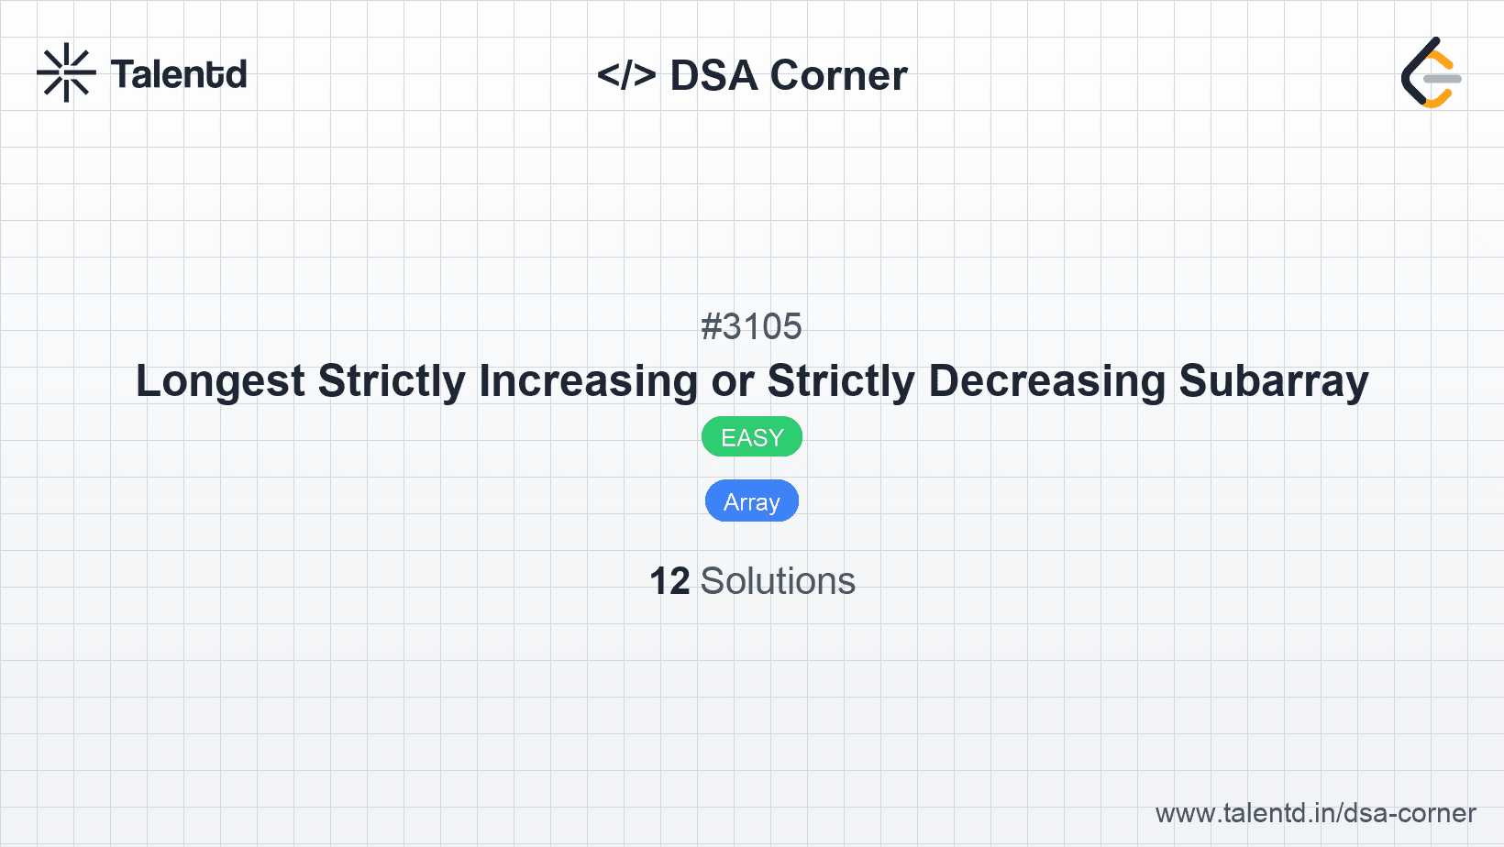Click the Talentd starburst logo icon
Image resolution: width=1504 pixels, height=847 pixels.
point(66,73)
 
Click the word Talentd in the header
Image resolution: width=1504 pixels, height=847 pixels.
point(179,74)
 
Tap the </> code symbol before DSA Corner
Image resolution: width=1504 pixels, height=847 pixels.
point(626,75)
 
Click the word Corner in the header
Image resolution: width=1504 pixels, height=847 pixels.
point(838,75)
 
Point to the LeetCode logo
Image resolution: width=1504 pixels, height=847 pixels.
point(1431,73)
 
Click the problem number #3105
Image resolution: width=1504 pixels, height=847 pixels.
point(751,326)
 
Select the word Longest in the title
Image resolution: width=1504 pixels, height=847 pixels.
point(220,381)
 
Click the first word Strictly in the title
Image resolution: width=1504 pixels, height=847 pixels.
point(392,381)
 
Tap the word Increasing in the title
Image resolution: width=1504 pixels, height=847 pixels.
point(588,381)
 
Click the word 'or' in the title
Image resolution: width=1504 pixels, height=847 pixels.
point(732,381)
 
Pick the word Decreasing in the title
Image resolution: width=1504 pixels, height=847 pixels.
point(1046,381)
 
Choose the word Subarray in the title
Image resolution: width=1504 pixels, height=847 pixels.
point(1273,381)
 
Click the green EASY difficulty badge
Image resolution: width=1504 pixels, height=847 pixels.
point(751,437)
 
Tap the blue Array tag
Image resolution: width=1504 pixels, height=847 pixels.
point(751,501)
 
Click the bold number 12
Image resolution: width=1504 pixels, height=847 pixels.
point(669,581)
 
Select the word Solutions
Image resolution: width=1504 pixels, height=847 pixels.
point(778,581)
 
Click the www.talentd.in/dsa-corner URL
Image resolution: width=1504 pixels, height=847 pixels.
point(1315,813)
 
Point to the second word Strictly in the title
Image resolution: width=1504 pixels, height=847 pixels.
point(841,381)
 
